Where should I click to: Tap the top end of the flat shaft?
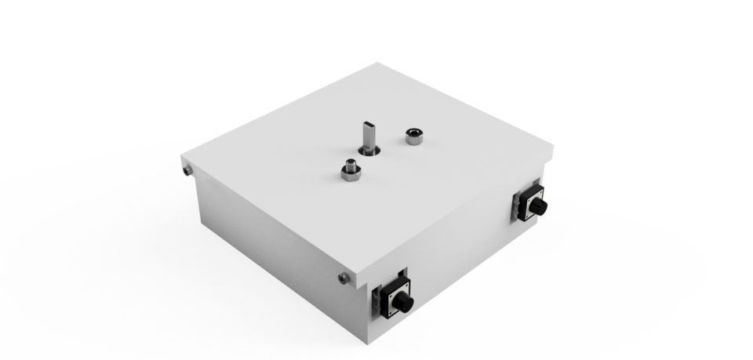click(368, 123)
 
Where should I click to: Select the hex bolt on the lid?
click(349, 169)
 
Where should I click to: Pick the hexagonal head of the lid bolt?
click(349, 173)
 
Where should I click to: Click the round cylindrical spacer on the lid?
click(413, 136)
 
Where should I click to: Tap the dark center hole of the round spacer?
click(413, 133)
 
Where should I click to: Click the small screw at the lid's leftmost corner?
click(187, 169)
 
